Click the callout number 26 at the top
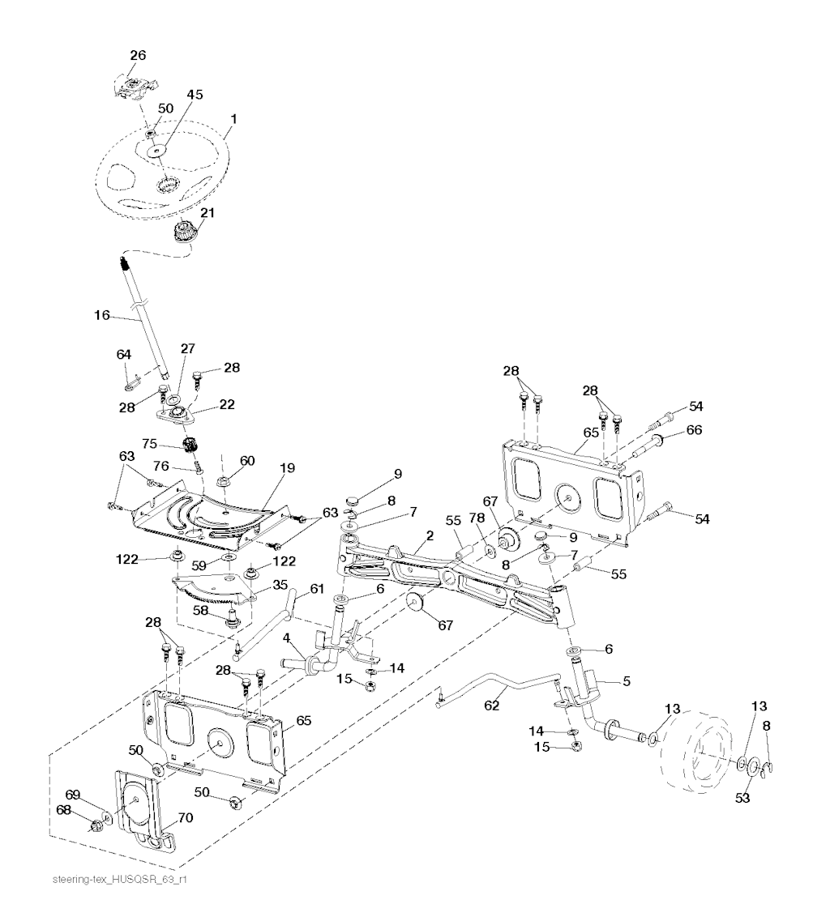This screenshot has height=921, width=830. coord(138,55)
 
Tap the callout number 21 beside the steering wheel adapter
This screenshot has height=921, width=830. coord(207,213)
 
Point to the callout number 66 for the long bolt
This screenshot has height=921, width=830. coord(695,430)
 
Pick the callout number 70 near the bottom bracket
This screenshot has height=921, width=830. coord(185,818)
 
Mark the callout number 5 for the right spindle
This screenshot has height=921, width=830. coord(626,681)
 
